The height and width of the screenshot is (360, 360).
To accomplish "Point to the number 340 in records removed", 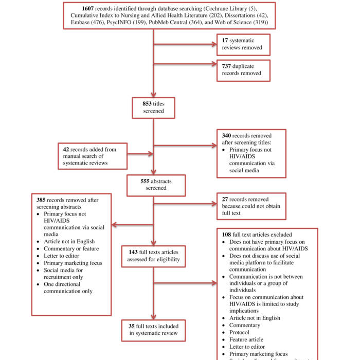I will coord(228,136).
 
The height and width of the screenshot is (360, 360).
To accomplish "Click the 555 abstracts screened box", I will coord(153,185).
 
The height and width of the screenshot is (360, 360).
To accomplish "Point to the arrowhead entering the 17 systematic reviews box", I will coord(213,44).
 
